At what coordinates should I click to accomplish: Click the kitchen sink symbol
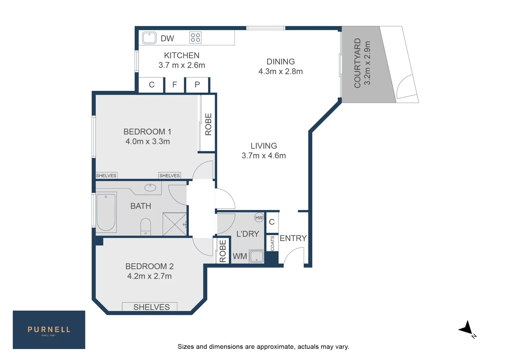coord(149,38)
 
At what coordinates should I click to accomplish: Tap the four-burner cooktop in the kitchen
coord(195,38)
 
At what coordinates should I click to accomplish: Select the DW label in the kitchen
coord(167,39)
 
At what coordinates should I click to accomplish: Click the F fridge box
coord(174,85)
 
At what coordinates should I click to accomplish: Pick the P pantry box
coord(197,85)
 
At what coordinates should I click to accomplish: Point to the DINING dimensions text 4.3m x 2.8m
coord(280,72)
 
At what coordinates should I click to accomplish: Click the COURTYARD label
coord(358,63)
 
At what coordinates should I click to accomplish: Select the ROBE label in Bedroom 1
coord(208,124)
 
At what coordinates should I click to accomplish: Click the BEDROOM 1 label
coord(147,132)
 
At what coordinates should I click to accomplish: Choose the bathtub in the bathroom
coord(106,212)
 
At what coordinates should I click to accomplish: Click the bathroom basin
coord(150,188)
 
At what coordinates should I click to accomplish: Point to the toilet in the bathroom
coord(146,226)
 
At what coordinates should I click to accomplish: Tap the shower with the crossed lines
coord(174,224)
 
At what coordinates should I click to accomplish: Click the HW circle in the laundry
coord(259,218)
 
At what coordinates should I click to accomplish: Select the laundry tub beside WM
coord(256,256)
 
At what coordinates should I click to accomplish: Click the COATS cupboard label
coord(272,243)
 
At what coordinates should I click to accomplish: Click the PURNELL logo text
coord(49,330)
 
